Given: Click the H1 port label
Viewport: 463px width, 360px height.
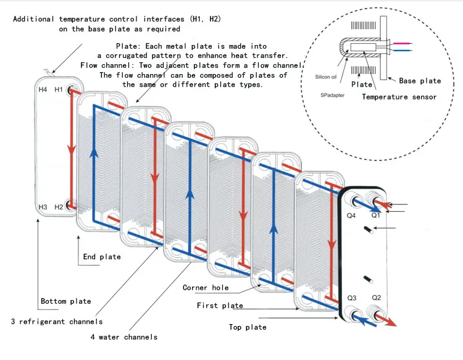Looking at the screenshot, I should click(59, 90).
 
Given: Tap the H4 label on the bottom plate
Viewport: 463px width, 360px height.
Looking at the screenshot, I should click(43, 90).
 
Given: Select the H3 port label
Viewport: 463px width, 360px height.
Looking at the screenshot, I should click(43, 207).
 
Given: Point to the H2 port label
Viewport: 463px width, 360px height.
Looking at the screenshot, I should click(59, 207).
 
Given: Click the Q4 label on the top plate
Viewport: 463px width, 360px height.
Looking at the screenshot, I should click(351, 216).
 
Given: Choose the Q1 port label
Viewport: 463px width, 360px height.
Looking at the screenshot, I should click(376, 216).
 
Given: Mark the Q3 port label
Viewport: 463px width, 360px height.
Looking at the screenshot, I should click(352, 298).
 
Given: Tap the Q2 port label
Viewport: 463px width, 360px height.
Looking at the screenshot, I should click(376, 298).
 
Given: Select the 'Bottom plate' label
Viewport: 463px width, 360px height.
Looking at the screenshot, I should click(65, 301).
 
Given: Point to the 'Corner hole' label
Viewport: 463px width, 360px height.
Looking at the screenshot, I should click(206, 288).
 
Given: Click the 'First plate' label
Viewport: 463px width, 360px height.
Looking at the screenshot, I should click(220, 306).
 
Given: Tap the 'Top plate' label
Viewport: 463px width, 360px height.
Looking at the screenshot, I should click(248, 327).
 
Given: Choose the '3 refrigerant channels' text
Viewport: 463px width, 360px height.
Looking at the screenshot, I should click(57, 321).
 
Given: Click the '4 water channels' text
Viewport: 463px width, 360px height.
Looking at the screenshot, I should click(123, 337).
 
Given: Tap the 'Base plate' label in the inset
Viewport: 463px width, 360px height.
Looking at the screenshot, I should click(420, 81).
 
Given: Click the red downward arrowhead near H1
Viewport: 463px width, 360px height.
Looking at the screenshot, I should click(72, 150).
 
